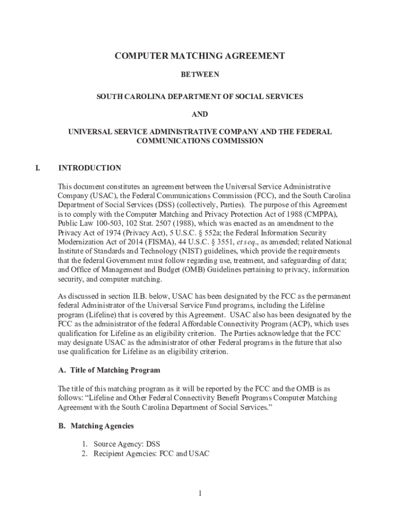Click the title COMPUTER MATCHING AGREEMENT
pos(200,56)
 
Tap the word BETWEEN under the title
pos(200,75)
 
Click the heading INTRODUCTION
pos(90,168)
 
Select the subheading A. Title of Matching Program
pos(109,370)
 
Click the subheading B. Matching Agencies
pos(96,426)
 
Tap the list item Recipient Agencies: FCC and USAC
pos(151,454)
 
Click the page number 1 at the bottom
pos(199,493)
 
